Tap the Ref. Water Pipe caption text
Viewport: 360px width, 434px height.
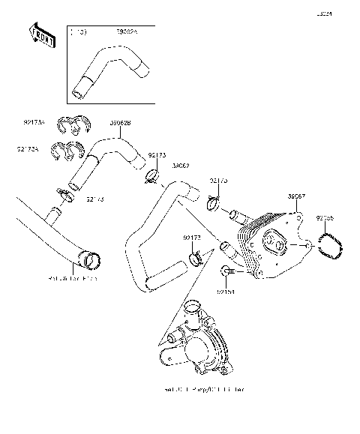point(73,279)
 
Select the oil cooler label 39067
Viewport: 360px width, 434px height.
point(296,196)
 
